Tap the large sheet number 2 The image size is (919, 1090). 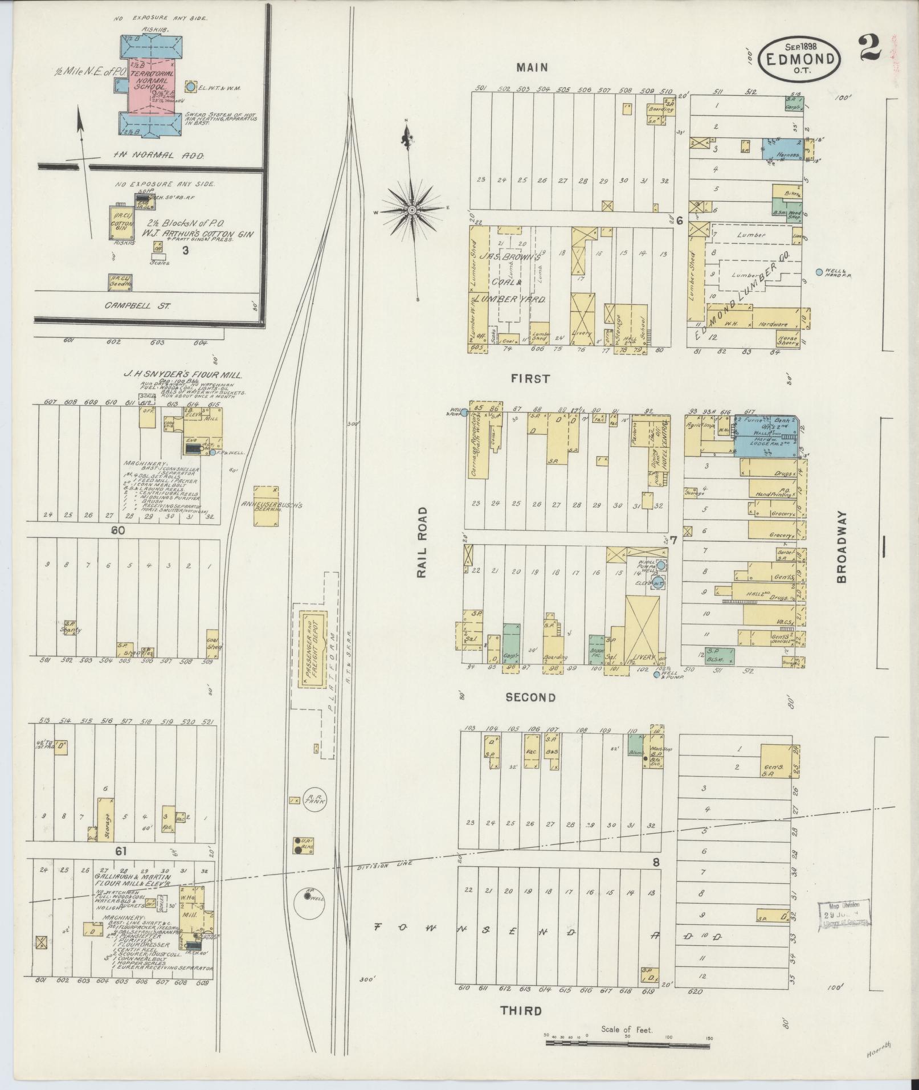tap(870, 47)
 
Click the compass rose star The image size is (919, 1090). tap(411, 210)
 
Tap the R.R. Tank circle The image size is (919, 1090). tap(312, 801)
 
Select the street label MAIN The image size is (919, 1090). tap(532, 67)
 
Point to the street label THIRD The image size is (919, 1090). tap(521, 1011)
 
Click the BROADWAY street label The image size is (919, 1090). tap(842, 546)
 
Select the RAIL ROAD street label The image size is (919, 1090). tap(422, 542)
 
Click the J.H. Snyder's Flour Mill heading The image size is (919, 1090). tap(183, 375)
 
